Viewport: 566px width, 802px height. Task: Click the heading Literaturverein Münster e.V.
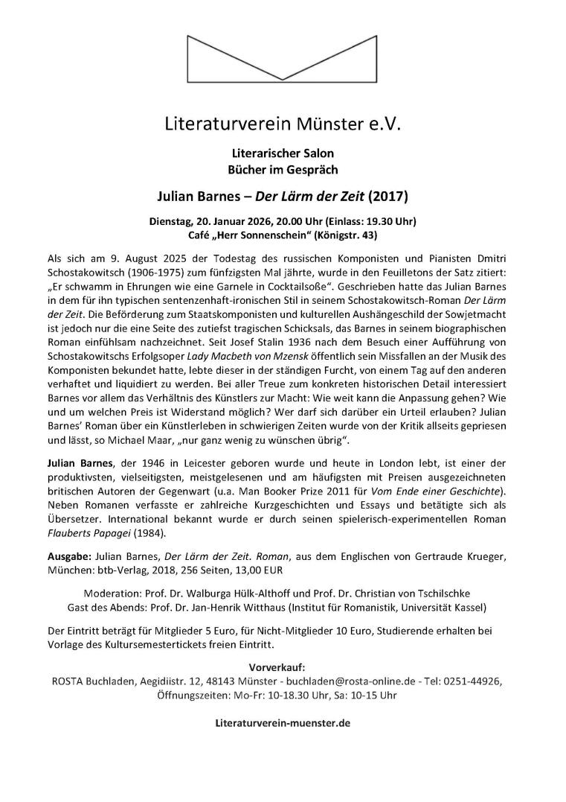coord(283,124)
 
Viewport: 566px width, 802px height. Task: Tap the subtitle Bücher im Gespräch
coord(283,170)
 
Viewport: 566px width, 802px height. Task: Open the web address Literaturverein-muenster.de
coord(282,722)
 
